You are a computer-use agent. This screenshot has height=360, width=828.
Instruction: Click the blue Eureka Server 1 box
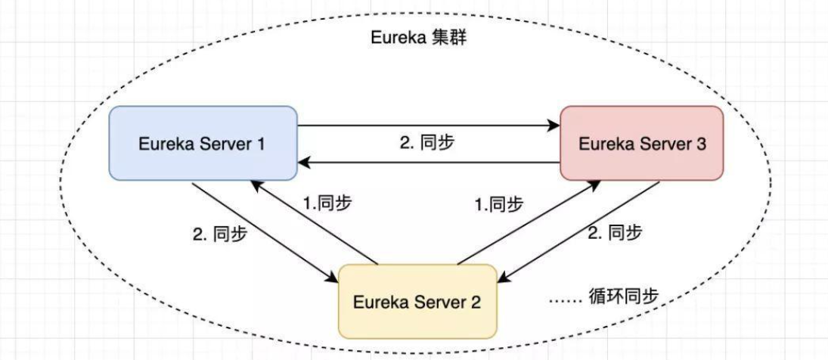(202, 144)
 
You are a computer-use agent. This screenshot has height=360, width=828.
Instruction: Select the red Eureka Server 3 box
(642, 144)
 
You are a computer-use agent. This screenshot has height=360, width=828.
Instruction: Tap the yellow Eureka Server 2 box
(417, 301)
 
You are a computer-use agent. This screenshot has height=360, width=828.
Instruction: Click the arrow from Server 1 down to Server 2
(265, 232)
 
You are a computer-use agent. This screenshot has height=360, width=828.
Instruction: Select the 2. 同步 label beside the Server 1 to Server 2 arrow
(219, 233)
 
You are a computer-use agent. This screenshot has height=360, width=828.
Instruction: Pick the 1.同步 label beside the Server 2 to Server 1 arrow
(327, 203)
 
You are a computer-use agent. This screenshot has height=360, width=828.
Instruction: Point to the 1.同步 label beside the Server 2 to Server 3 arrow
(498, 203)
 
